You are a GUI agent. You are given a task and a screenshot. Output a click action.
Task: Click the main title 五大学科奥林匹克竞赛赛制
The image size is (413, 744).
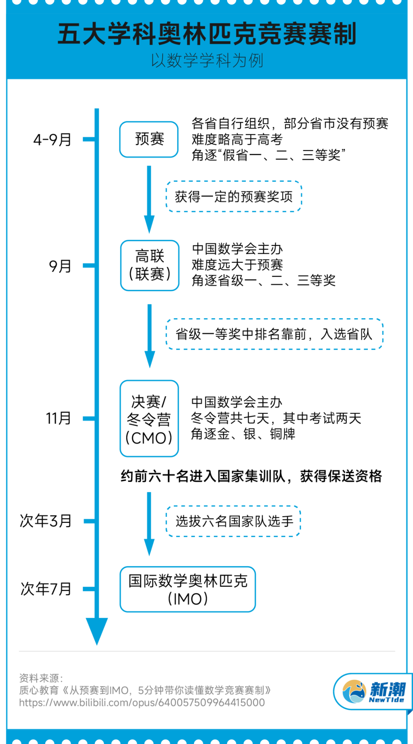207,34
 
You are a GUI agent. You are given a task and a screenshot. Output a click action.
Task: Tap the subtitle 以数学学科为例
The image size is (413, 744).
207,60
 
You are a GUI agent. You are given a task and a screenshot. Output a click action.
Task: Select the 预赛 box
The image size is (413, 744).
149,139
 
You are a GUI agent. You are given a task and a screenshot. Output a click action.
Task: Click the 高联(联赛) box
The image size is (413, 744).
150,265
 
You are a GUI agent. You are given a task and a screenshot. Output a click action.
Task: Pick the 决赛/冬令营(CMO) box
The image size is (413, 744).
149,418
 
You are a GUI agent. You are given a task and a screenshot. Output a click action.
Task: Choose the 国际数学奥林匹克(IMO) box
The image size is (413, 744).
188,589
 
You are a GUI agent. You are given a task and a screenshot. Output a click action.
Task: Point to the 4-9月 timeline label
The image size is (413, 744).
52,140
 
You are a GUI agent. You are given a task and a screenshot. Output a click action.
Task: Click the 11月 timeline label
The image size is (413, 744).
59,418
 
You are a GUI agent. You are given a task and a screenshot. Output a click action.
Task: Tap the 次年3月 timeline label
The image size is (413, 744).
46,521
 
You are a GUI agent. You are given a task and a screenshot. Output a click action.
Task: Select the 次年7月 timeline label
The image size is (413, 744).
46,589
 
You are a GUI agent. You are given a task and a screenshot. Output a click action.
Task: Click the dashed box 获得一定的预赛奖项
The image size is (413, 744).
234,197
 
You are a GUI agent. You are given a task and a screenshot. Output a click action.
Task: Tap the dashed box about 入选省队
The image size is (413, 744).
274,334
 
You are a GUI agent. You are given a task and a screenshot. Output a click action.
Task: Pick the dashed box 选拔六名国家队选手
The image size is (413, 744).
234,521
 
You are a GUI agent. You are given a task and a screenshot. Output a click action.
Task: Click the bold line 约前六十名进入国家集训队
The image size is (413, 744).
251,476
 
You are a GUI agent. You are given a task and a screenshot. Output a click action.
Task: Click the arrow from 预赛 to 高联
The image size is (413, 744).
149,199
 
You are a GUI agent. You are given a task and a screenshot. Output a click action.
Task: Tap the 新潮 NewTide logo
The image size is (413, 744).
373,692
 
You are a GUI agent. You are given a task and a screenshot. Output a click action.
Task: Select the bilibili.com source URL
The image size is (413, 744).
142,703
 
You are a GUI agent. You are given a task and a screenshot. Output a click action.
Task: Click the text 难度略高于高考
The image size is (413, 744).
237,140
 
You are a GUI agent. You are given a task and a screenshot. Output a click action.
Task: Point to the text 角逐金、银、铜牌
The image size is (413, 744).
243,434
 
